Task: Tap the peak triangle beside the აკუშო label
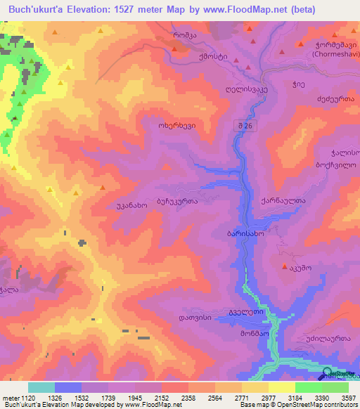284,266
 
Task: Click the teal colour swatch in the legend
41,387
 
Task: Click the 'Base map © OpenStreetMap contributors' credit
306,405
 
